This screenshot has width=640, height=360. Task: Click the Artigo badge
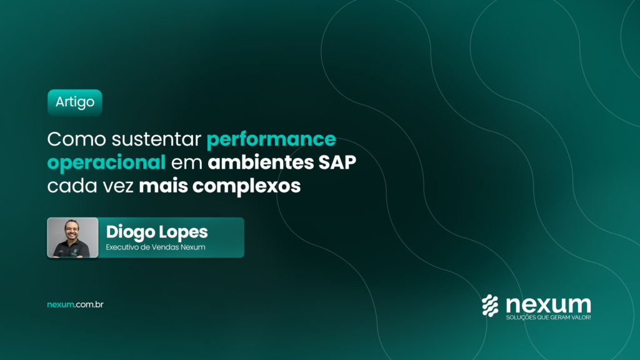[75, 102]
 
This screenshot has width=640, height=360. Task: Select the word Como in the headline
[77, 139]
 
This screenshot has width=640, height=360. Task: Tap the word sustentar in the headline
[156, 139]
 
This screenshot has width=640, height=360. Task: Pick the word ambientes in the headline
[261, 162]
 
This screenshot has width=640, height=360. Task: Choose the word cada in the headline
[72, 186]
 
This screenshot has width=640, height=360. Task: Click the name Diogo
[130, 232]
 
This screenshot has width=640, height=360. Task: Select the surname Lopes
[183, 232]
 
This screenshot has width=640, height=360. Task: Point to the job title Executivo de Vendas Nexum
[156, 247]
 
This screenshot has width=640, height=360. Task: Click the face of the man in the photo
[71, 231]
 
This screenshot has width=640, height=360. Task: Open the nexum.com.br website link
[75, 304]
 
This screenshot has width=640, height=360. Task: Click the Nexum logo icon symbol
[490, 306]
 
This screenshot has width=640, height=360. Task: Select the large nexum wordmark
[549, 304]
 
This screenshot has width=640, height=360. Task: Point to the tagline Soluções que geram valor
[548, 317]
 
